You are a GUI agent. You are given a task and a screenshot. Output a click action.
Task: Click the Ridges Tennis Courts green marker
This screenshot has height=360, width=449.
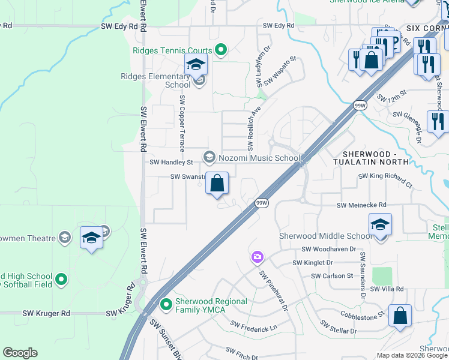tap(220, 50)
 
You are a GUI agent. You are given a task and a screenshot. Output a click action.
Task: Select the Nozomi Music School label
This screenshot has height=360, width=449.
tap(259, 158)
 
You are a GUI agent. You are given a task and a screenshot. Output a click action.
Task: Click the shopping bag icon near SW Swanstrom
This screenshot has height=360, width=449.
tap(217, 183)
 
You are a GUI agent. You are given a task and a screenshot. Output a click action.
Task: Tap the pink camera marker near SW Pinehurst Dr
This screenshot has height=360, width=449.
tap(257, 257)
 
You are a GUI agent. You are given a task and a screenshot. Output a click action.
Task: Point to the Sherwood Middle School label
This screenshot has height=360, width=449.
tap(325, 236)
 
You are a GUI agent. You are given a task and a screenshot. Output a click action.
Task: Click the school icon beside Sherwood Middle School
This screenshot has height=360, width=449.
tap(381, 225)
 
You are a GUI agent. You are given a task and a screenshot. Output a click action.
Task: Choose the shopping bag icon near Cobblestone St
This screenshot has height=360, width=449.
tap(400, 316)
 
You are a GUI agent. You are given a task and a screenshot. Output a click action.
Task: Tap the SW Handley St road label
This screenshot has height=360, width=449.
tap(171, 162)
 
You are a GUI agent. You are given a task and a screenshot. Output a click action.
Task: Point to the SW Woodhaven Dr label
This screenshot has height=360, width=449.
tap(329, 249)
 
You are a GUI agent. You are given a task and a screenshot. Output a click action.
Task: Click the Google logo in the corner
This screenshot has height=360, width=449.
tap(20, 353)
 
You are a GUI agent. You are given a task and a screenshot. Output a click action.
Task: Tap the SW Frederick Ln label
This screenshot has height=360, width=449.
tap(254, 328)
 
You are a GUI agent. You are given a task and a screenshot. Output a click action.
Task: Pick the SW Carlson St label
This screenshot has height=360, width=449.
tap(332, 276)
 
